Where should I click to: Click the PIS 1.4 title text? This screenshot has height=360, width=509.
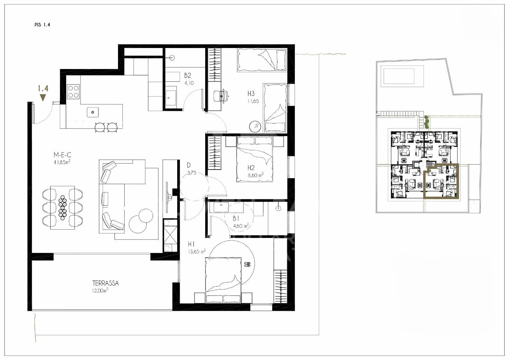click(x=42, y=25)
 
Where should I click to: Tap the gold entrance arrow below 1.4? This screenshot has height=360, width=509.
click(x=43, y=98)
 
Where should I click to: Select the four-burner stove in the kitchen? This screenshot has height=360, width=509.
click(x=73, y=92)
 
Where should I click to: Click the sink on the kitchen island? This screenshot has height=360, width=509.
click(x=93, y=112)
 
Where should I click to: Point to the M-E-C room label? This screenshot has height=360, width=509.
click(x=62, y=155)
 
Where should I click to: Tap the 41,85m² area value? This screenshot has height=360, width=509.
click(x=62, y=162)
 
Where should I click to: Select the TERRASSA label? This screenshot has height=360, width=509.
click(x=105, y=283)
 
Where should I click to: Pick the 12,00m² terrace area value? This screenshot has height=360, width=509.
click(x=100, y=290)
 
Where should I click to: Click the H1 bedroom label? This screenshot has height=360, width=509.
click(x=191, y=244)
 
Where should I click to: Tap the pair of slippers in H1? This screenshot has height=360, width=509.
click(x=247, y=264)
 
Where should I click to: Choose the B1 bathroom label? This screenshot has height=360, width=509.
click(x=236, y=218)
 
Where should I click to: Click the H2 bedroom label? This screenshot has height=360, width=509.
click(x=251, y=168)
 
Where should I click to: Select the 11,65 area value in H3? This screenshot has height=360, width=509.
click(x=253, y=101)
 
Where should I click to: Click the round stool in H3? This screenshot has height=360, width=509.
click(x=255, y=126)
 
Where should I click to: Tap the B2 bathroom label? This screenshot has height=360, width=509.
click(x=188, y=75)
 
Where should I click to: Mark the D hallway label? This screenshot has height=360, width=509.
click(x=189, y=165)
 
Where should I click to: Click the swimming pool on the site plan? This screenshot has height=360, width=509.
click(x=399, y=76)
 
